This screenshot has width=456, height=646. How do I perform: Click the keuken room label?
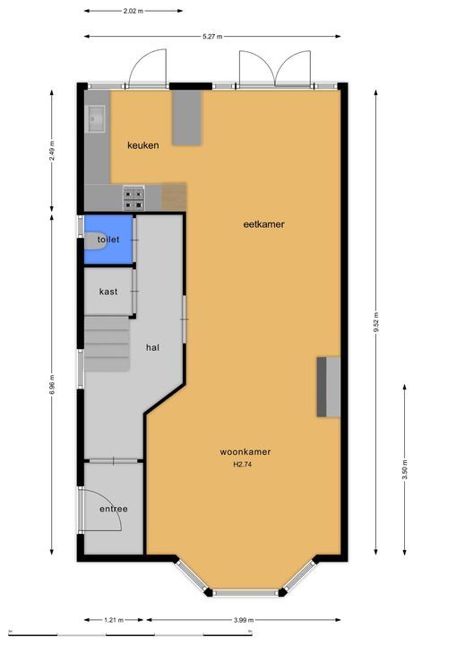point(142,145)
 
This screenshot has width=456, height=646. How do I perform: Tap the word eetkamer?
point(263,224)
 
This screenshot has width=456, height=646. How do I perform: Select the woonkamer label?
point(245,452)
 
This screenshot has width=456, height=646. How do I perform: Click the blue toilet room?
point(108,240)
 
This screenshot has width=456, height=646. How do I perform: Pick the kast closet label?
point(108,292)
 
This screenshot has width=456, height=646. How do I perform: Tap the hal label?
point(153,348)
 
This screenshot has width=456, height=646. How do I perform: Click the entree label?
point(113,510)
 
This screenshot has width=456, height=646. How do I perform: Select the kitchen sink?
point(96,118)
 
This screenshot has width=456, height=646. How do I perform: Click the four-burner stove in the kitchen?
point(133,197)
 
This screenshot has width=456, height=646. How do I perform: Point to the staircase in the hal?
point(108,345)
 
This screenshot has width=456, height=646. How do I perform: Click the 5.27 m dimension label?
point(212,37)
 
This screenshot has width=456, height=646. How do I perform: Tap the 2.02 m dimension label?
point(133,12)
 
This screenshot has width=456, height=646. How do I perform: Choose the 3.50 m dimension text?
point(405,471)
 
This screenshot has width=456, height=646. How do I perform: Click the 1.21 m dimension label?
point(113,620)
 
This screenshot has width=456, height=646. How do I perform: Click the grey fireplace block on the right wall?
point(327,386)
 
